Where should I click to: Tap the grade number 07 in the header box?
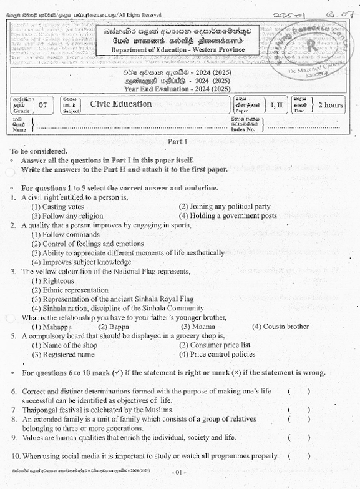tap(42, 105)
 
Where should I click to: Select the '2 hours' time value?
tap(330, 105)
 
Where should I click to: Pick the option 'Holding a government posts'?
tap(228, 215)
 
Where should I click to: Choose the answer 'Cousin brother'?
tap(280, 326)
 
